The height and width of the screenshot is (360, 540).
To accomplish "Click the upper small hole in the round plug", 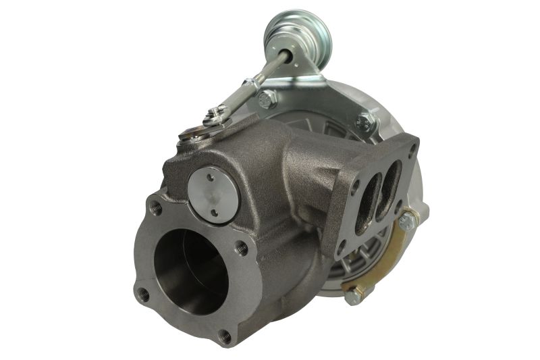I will pos(210,177).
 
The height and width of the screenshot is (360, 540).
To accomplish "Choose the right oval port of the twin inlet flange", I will pos(389,180).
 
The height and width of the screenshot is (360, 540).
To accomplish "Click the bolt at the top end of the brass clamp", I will pos(407,221).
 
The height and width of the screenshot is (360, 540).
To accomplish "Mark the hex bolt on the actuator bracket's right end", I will pos(366,121).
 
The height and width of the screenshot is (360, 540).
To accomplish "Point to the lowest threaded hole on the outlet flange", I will pos(224,336).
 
